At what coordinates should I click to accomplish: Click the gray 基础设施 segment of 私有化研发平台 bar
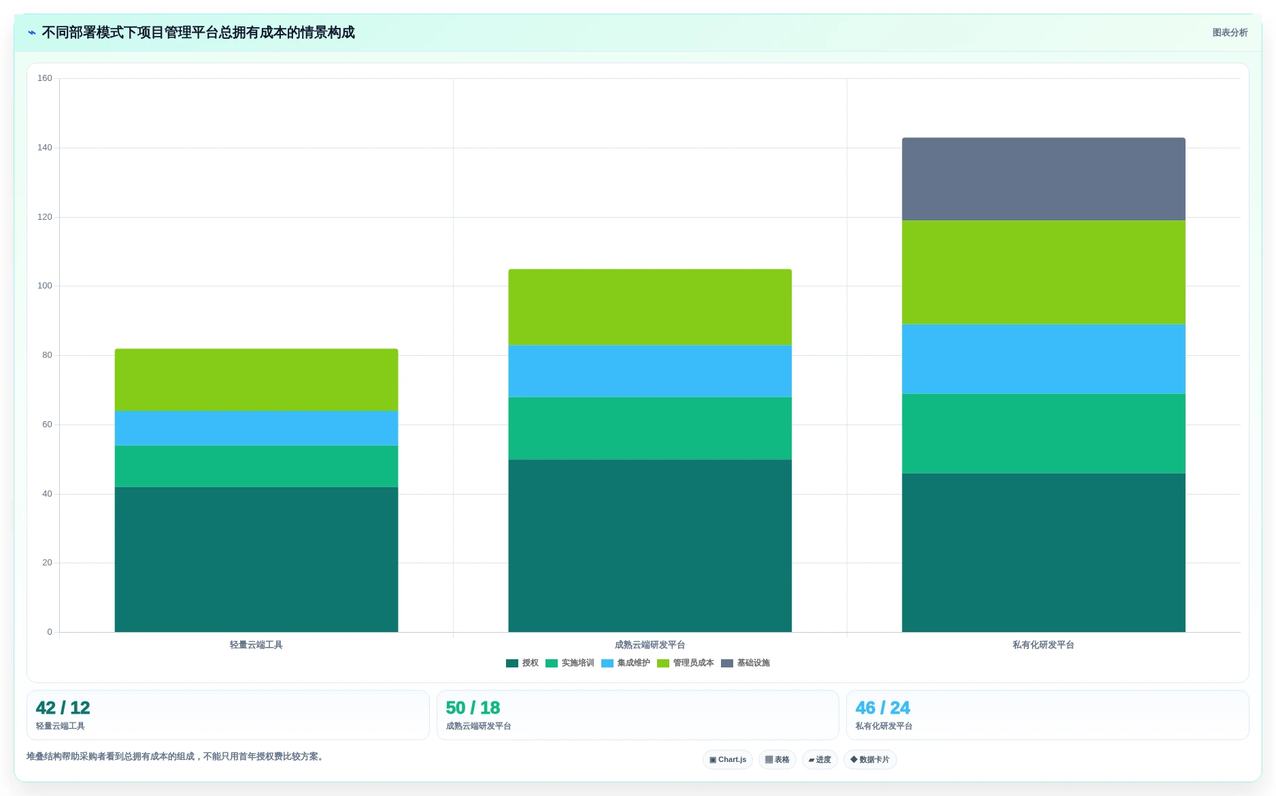1043,179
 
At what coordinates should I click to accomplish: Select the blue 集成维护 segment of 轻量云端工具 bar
256,428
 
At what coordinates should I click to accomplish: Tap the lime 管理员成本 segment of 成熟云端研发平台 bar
650,307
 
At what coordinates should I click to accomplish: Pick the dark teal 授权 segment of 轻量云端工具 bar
256,559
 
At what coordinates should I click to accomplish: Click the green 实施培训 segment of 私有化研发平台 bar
1043,433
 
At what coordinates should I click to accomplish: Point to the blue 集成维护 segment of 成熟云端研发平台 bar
650,371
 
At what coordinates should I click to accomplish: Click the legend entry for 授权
522,663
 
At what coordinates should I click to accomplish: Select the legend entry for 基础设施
745,663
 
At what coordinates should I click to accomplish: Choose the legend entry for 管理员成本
686,663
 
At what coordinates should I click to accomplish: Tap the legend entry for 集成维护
626,663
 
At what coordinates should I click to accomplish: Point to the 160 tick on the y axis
45,78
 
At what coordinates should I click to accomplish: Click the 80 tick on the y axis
47,355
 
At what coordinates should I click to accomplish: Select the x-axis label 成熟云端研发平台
650,645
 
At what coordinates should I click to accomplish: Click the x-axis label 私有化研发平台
1043,645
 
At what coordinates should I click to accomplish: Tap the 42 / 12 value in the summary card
63,708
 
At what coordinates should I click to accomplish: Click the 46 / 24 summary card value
882,708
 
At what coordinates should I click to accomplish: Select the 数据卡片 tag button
870,759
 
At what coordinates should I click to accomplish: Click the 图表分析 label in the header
1230,33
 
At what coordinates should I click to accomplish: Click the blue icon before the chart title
31,33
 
